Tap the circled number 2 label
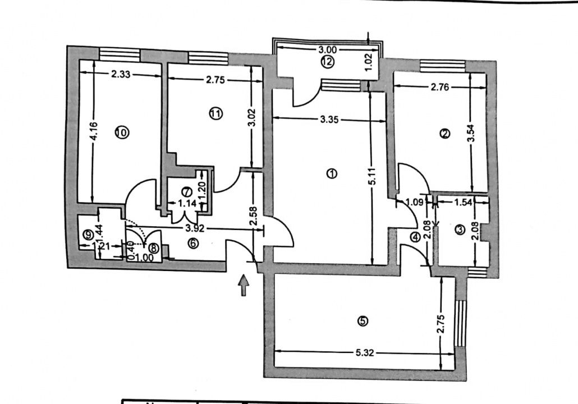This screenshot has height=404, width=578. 444,134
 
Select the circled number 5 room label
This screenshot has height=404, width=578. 363,321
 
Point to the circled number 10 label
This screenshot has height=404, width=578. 121,132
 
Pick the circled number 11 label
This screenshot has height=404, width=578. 215,114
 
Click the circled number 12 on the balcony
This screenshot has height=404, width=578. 328,62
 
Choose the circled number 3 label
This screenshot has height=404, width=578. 460,230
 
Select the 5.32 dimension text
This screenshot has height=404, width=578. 364,353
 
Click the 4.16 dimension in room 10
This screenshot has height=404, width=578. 93,135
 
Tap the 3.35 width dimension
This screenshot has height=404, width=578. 329,119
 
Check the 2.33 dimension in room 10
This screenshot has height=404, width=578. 121,73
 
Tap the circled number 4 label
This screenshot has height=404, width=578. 415,237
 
